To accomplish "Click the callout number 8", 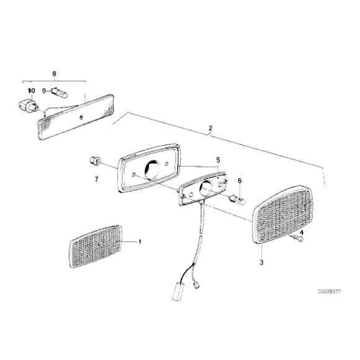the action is tap(54, 74).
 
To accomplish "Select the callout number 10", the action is tap(32, 91).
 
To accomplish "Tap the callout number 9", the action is tap(44, 91).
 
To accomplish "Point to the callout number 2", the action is tap(210, 128).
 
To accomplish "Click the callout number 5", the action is tap(218, 160).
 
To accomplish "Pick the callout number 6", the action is tap(240, 181).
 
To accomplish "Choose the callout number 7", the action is tap(96, 179).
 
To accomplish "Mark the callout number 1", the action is tap(140, 242).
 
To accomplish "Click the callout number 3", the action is tap(261, 262).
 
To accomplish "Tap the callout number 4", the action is tap(302, 233).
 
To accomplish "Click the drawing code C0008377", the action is tap(329, 292).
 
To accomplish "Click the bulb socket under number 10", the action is tap(28, 106).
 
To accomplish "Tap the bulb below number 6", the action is tap(238, 199).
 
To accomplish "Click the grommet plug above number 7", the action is tap(95, 161).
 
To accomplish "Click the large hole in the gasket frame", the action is tap(152, 169).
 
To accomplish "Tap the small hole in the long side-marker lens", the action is tap(81, 118).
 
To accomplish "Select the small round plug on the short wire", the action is tap(197, 286).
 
